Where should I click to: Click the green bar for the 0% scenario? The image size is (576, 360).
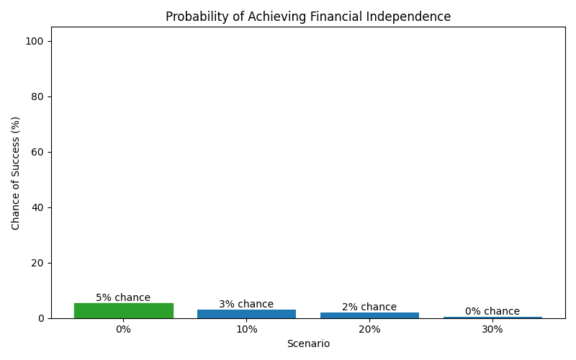pos(123,310)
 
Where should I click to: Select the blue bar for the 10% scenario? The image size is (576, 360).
pos(246,314)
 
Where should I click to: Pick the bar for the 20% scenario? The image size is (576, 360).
pos(369,315)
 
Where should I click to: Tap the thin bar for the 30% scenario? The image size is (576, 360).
pos(492,318)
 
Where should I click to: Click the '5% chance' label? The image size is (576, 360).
pos(123,297)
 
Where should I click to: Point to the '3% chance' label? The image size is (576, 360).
pos(246,304)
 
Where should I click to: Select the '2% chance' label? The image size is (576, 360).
pos(369,307)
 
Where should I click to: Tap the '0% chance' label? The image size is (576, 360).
pos(492,311)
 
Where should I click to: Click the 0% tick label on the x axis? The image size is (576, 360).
pos(123,329)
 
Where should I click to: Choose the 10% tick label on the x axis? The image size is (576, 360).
pos(246,329)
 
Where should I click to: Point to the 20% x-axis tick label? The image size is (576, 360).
pos(369,329)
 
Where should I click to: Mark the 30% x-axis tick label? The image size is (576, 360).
pos(492,329)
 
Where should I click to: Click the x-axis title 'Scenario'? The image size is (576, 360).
pos(308,343)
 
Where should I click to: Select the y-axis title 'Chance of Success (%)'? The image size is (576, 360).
pos(17,173)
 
